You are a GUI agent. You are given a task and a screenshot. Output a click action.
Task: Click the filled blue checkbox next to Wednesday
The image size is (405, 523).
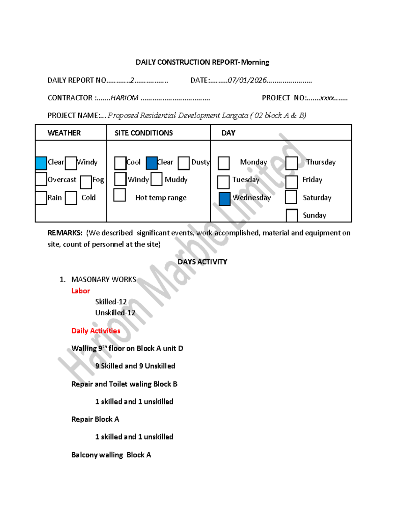(224, 199)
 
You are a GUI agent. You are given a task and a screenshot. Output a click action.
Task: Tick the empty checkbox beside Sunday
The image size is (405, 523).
(292, 216)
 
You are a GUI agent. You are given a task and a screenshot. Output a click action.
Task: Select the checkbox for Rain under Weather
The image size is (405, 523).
(41, 198)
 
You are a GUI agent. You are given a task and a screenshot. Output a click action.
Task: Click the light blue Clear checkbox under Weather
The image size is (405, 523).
(41, 163)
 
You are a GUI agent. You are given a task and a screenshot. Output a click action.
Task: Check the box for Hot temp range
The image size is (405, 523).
(119, 195)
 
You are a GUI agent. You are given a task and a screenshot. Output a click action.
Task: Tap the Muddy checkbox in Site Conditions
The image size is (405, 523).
(156, 179)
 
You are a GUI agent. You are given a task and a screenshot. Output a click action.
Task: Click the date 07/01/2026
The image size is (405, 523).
(247, 80)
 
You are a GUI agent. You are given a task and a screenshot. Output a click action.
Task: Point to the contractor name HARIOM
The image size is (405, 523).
(124, 98)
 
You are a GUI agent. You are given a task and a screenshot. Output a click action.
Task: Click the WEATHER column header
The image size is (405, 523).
(64, 133)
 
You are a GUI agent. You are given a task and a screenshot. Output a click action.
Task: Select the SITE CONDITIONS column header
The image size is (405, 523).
(144, 133)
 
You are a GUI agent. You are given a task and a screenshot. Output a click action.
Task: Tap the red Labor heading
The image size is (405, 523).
(81, 291)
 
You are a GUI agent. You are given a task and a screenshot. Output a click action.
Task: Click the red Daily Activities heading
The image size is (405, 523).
(96, 331)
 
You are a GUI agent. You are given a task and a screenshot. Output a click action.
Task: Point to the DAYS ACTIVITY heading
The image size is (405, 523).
(202, 262)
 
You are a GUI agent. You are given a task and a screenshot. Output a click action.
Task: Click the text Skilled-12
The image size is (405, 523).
(111, 302)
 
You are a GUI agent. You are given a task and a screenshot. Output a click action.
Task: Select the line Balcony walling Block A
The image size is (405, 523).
(111, 455)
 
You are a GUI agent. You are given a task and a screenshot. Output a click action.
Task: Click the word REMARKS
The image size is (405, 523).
(65, 233)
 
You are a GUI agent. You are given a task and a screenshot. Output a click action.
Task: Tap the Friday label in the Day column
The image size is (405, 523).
(312, 179)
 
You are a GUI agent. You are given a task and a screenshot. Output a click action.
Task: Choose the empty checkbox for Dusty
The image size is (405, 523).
(184, 163)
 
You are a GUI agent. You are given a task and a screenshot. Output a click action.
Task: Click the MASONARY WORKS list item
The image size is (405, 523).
(104, 279)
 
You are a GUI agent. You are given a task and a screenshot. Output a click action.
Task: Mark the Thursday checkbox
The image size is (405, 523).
(291, 163)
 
